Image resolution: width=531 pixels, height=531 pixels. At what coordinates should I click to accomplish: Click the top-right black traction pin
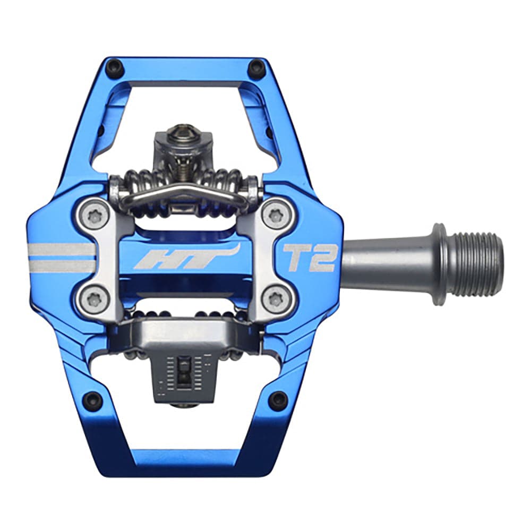[256, 67]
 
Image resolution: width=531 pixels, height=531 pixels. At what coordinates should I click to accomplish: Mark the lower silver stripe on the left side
[61, 265]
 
